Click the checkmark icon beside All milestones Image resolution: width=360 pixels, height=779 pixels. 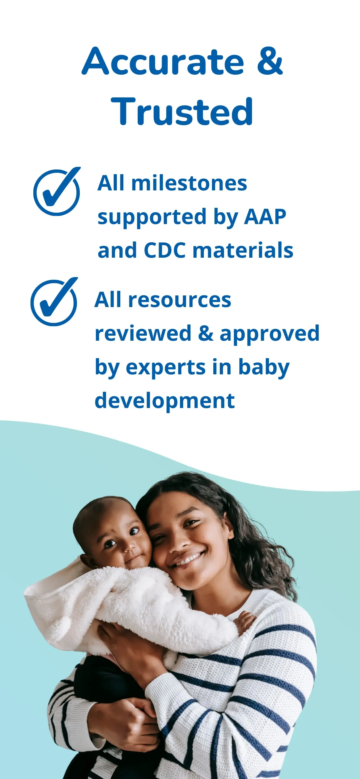(57, 192)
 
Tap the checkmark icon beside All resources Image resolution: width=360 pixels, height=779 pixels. (54, 302)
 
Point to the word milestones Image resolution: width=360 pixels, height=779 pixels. (189, 183)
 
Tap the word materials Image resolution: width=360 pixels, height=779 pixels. (243, 250)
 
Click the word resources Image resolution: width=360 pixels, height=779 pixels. (179, 300)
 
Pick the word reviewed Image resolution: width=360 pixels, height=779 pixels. (143, 333)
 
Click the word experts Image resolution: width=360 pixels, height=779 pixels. (165, 367)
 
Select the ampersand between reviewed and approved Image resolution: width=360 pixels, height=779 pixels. (206, 333)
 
